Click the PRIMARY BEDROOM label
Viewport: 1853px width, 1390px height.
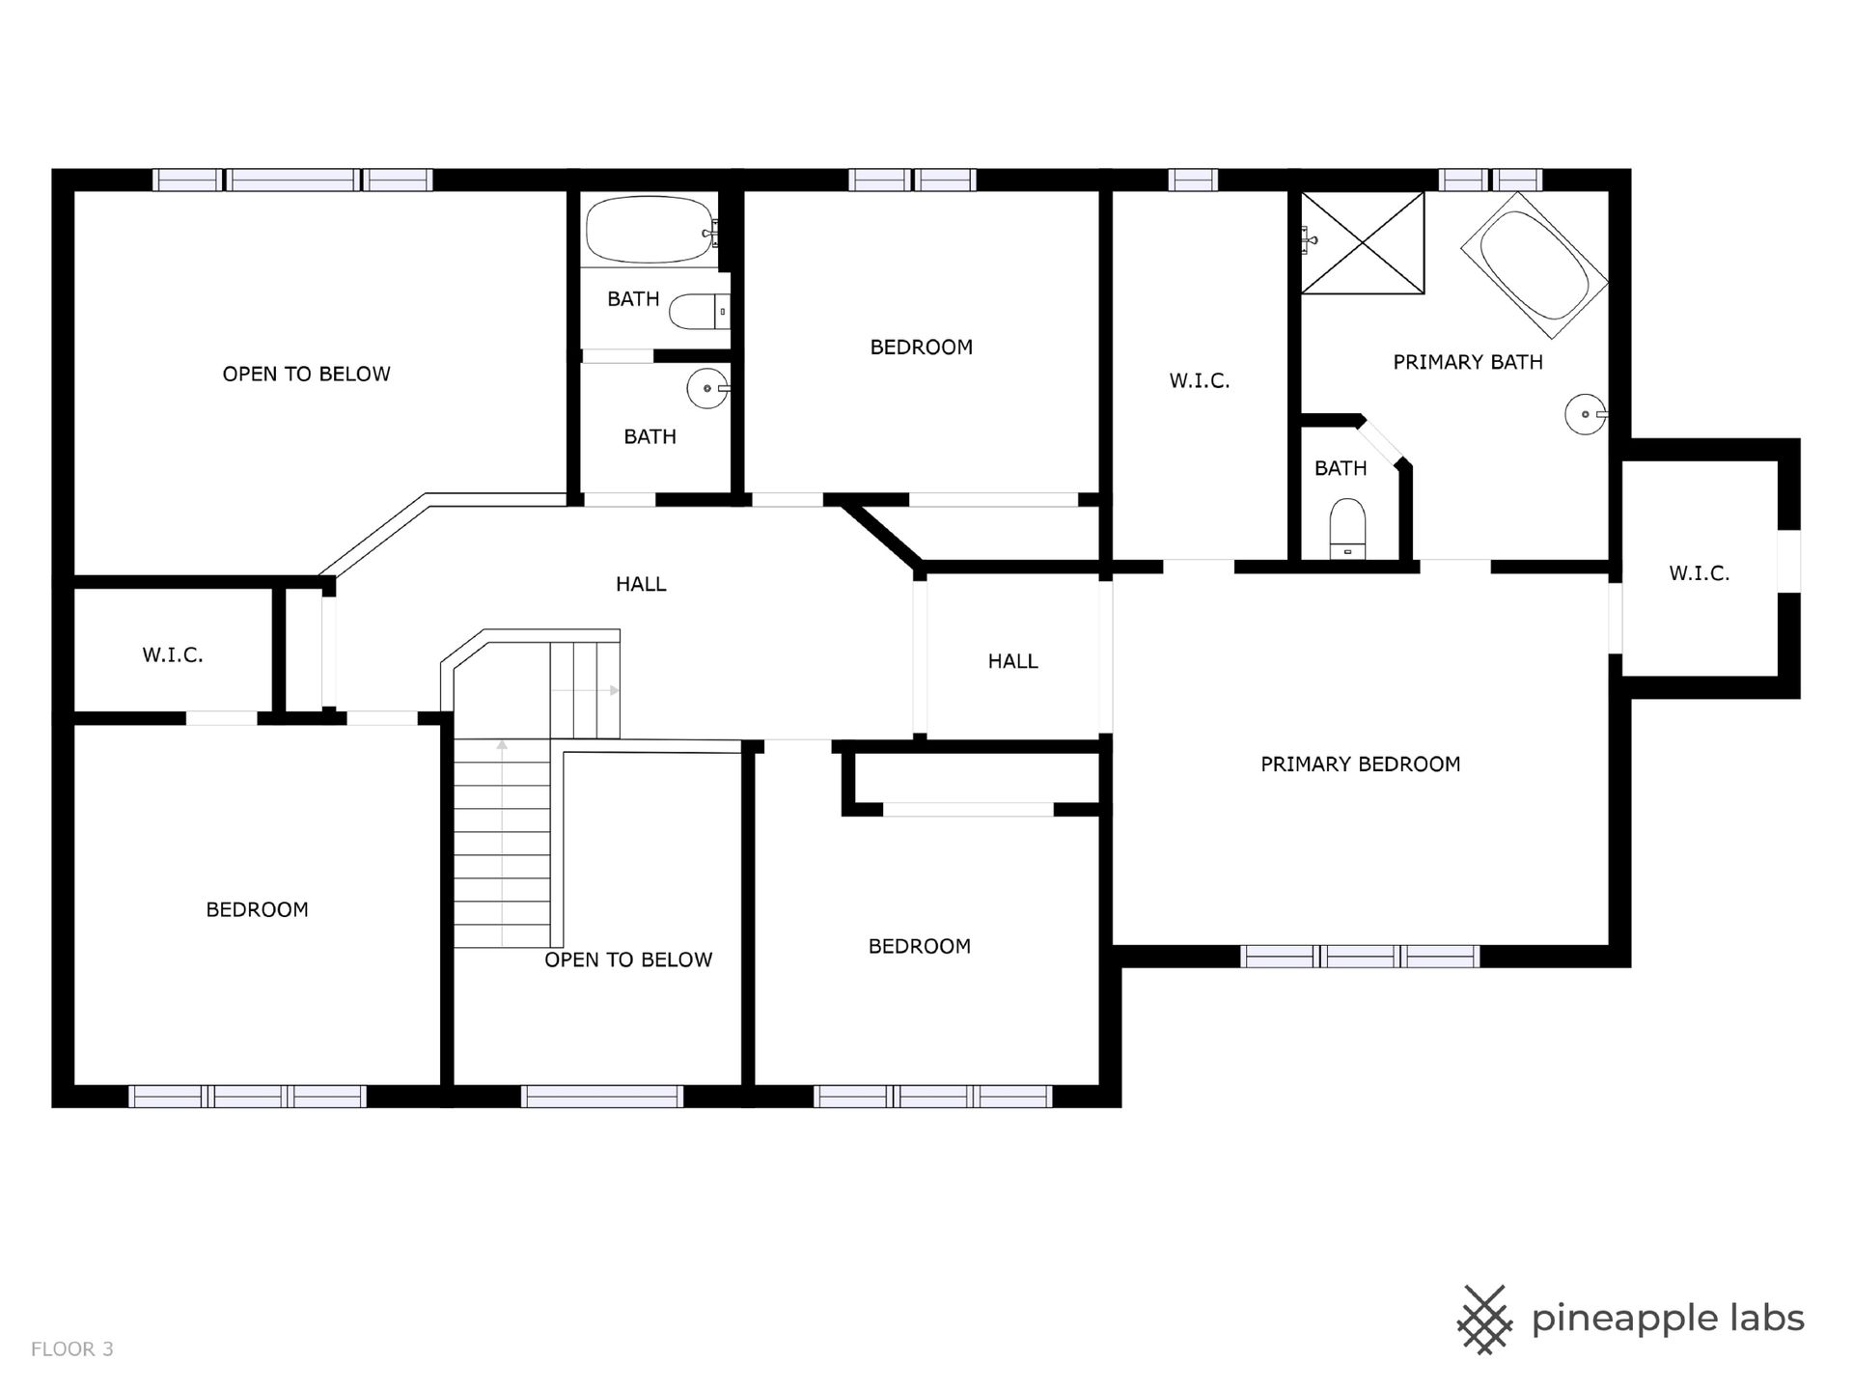(x=1360, y=764)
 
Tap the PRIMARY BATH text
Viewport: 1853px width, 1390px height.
(x=1467, y=362)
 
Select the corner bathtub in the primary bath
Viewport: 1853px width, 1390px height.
(x=1534, y=265)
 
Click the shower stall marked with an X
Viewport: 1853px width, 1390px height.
(x=1362, y=242)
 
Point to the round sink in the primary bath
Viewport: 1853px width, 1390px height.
(x=1585, y=414)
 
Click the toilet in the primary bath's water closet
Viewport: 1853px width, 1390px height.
(x=1347, y=529)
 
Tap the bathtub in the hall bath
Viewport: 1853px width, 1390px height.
(x=650, y=231)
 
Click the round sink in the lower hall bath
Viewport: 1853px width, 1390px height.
(x=708, y=388)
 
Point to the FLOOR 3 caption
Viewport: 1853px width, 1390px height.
(x=72, y=1348)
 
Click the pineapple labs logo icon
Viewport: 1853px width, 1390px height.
(x=1484, y=1320)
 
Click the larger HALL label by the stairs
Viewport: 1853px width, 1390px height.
(x=641, y=584)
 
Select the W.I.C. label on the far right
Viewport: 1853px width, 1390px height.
(x=1700, y=573)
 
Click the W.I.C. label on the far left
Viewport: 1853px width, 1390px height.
(x=173, y=655)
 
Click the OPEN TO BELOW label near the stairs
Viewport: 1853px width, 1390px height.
(x=628, y=959)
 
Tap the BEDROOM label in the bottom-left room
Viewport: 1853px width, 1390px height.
(x=257, y=909)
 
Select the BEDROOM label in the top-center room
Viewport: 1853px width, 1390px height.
(x=922, y=347)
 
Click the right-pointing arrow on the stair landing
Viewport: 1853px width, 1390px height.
(x=585, y=690)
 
